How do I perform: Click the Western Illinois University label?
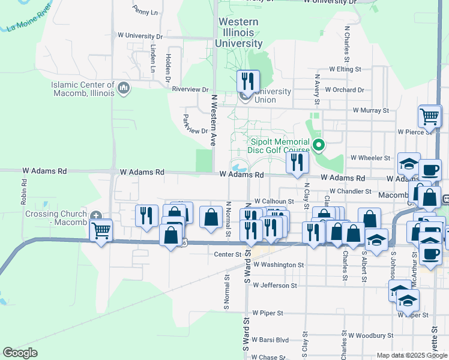[x=239, y=32]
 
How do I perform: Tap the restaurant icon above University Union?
[x=247, y=80]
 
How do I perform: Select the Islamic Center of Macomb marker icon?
[x=124, y=89]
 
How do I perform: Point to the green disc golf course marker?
[x=319, y=145]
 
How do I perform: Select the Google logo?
[x=20, y=352]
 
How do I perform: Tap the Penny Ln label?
[x=146, y=11]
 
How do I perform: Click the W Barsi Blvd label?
[x=267, y=338]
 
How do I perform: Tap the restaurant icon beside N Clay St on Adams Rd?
[x=297, y=161]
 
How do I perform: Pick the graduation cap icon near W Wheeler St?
[x=409, y=163]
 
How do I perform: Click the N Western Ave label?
[x=213, y=120]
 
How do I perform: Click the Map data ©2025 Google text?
[x=412, y=355]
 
